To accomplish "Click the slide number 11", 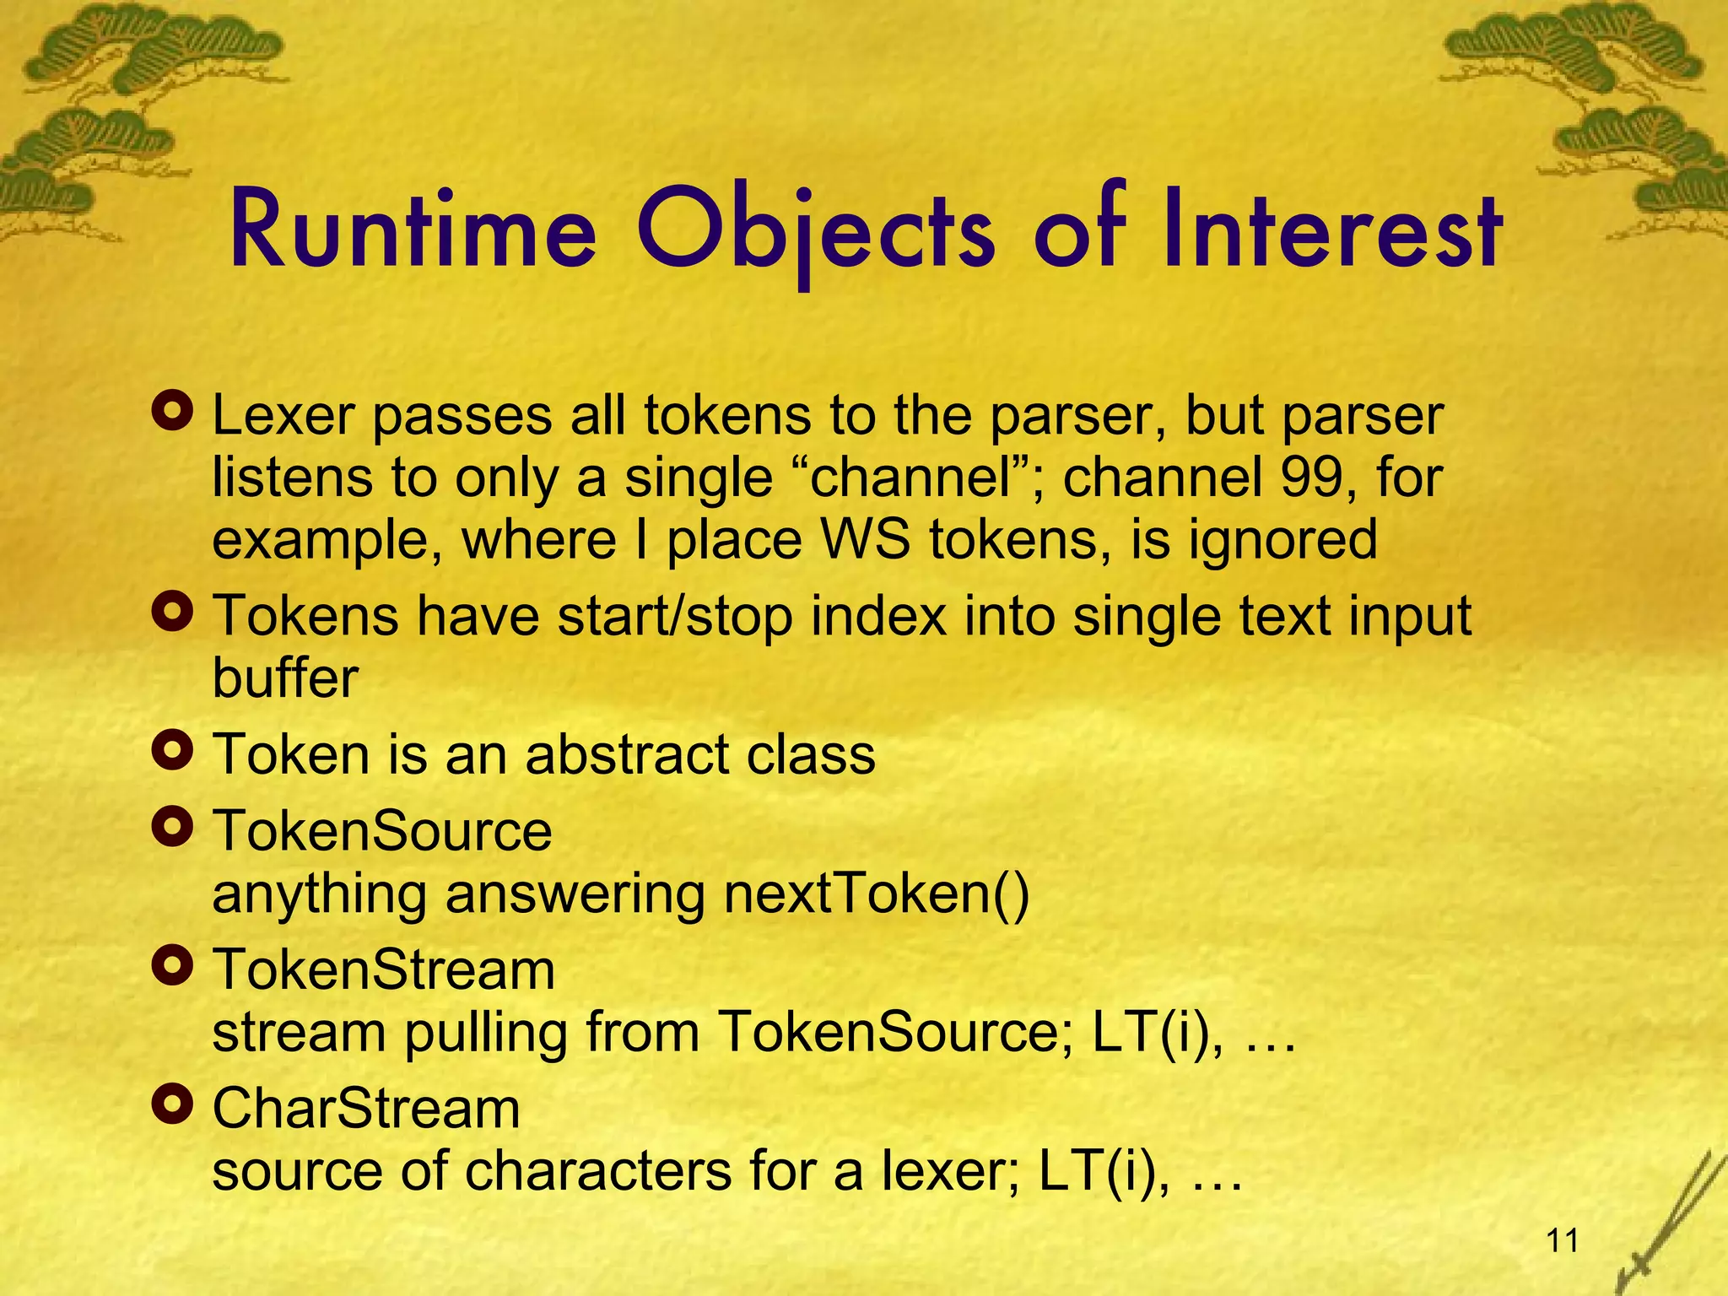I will pos(1563,1241).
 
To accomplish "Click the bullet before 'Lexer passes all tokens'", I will pos(173,412).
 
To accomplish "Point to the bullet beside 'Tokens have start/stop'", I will pos(173,613).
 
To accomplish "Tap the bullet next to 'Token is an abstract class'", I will pos(173,750).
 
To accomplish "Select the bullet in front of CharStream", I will pos(173,1104).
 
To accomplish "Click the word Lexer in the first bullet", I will pos(283,415).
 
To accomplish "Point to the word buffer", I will pos(285,678).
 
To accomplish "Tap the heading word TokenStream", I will pos(384,969).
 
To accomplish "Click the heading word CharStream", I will pos(366,1108).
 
